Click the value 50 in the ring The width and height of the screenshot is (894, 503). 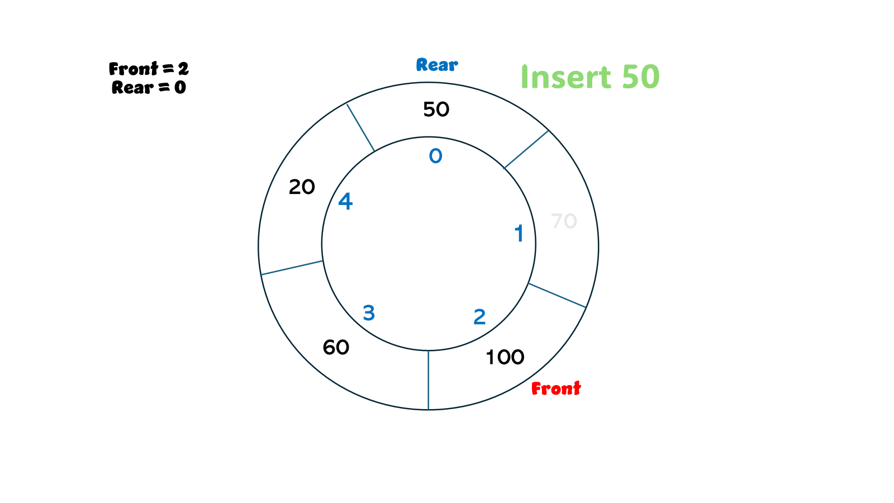436,110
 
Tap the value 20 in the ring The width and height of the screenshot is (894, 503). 302,187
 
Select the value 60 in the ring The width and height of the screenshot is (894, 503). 336,348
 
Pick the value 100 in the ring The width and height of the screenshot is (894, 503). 505,357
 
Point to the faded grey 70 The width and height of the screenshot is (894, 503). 564,221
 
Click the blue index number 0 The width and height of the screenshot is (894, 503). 435,156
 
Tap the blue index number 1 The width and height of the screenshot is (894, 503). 519,234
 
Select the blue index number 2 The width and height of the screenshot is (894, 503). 479,317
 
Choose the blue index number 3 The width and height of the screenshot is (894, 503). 369,313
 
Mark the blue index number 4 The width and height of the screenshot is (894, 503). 345,202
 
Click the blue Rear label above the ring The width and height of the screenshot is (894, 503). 437,65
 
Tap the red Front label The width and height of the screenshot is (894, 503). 556,388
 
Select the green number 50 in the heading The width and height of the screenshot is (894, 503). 640,77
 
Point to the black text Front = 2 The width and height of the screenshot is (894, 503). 149,69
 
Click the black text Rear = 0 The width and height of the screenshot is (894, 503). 149,87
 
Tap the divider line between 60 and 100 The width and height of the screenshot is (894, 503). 429,380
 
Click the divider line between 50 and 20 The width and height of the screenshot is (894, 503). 360,127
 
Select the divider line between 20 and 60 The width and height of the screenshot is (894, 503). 292,268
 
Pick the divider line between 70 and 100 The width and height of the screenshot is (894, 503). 557,295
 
